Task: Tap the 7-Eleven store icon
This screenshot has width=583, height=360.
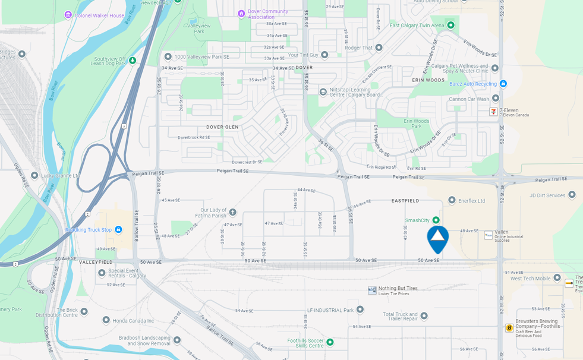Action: pos(493,112)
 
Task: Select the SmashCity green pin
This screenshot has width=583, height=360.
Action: pos(436,220)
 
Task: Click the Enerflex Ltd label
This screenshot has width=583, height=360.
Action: pos(471,201)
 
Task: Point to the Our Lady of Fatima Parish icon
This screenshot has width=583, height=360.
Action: pos(232,211)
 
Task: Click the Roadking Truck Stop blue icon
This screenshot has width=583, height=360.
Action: pos(118,229)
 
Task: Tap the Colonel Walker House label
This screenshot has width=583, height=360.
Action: pos(99,15)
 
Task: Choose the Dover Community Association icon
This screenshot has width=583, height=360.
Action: pos(241,14)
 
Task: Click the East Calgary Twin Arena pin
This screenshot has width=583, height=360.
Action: pos(450,25)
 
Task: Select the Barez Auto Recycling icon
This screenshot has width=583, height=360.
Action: pos(503,84)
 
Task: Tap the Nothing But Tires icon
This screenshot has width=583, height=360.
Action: pos(372,290)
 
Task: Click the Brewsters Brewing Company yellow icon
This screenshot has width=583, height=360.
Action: pos(509,328)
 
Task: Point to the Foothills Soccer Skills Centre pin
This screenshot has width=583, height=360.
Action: pos(330,342)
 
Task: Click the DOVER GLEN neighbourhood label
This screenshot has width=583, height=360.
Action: pos(222,127)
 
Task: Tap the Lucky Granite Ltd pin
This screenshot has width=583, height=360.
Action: pos(34,175)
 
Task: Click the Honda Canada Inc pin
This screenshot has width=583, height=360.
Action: pos(106,320)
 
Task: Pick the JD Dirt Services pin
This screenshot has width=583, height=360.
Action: pos(572,194)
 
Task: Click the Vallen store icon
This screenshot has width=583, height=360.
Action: pos(489,235)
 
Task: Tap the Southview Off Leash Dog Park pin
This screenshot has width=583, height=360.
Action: pos(133,60)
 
